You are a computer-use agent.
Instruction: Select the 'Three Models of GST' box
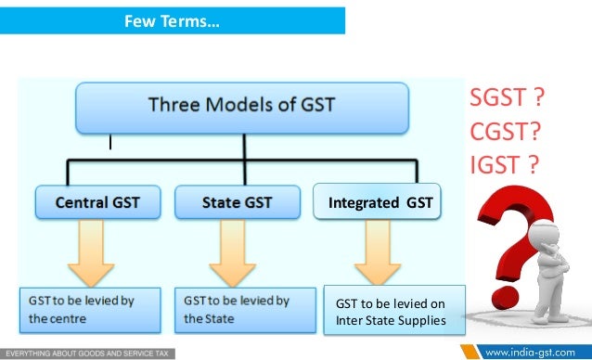(x=241, y=107)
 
